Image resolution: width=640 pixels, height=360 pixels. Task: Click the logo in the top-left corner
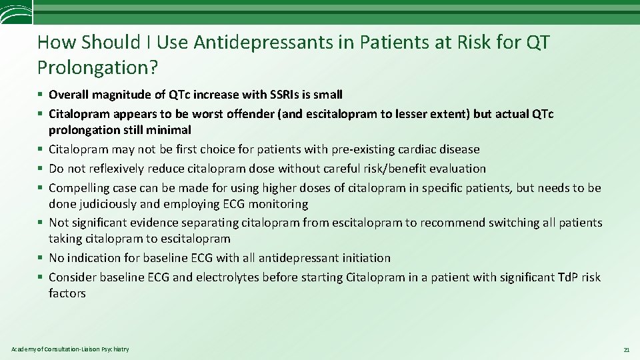15,13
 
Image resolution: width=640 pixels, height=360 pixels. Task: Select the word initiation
363,257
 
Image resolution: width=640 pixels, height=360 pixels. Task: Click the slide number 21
626,349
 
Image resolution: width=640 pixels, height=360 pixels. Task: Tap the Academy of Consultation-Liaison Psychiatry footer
70,349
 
